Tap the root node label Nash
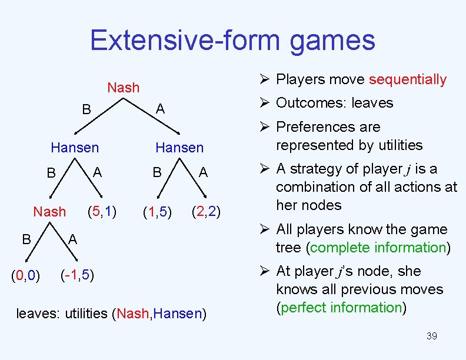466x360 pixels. coord(124,88)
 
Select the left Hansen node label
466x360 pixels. coord(75,147)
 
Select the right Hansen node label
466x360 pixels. coord(179,148)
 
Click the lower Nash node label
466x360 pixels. coord(49,211)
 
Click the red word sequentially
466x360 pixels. coord(407,79)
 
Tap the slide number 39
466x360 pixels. coord(431,336)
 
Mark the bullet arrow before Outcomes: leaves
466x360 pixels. coord(264,104)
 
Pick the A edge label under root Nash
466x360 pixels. coord(160,109)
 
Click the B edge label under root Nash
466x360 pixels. coord(86,110)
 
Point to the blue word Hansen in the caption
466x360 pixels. coord(178,314)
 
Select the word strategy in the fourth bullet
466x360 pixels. coord(319,169)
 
